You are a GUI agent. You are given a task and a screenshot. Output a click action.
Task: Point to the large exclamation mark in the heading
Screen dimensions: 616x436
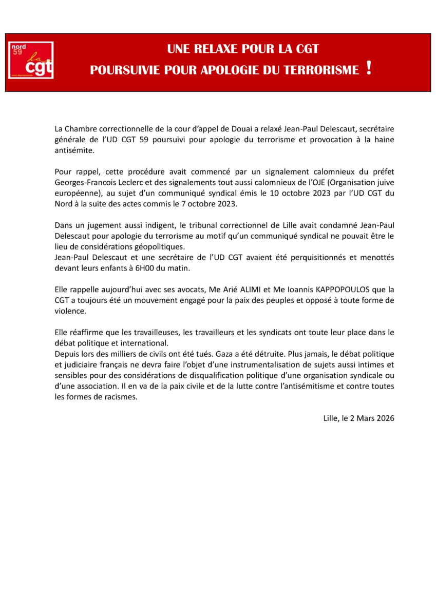click(x=368, y=68)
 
